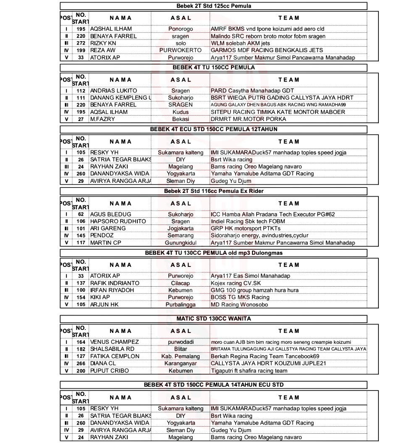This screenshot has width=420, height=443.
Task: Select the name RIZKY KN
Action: click(103, 43)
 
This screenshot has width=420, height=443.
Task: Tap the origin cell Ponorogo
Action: click(181, 29)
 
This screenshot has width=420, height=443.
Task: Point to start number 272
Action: click(81, 43)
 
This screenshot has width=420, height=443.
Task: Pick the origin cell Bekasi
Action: click(181, 119)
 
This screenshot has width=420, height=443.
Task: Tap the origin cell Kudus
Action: click(181, 112)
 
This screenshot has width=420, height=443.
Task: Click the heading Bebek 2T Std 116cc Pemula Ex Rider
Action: click(213, 191)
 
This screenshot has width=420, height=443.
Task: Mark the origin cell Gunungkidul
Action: click(181, 243)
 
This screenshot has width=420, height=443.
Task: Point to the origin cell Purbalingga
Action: click(181, 305)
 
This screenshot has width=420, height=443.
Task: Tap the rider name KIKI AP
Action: click(100, 298)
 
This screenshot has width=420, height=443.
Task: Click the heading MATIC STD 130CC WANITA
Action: click(213, 319)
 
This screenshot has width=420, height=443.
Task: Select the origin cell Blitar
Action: click(181, 349)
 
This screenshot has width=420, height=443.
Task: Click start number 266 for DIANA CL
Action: click(81, 364)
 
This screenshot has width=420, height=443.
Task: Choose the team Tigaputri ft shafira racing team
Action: click(249, 371)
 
